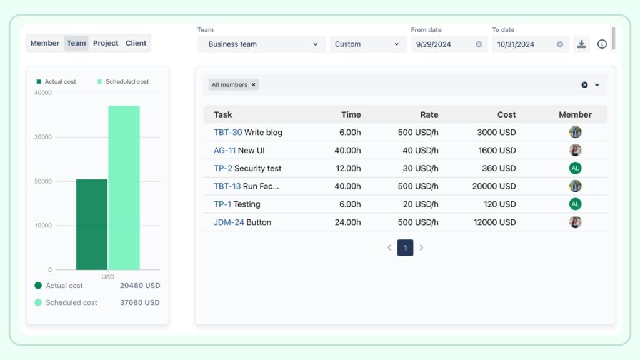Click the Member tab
(x=45, y=43)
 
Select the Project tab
(x=106, y=43)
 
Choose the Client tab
(x=136, y=43)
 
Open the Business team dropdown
(x=261, y=44)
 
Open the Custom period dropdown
(x=367, y=44)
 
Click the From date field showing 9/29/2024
(x=441, y=44)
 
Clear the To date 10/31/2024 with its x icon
(x=560, y=44)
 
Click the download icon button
(x=581, y=44)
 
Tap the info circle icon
(x=602, y=44)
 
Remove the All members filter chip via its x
(x=254, y=85)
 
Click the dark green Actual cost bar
(x=92, y=225)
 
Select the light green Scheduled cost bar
(x=124, y=187)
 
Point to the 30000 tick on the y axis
(x=43, y=137)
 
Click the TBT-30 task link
(x=227, y=132)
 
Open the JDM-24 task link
(x=229, y=222)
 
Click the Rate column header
(x=429, y=114)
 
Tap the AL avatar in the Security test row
(x=575, y=168)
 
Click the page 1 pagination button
(x=405, y=248)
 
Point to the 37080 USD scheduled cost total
(x=140, y=302)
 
